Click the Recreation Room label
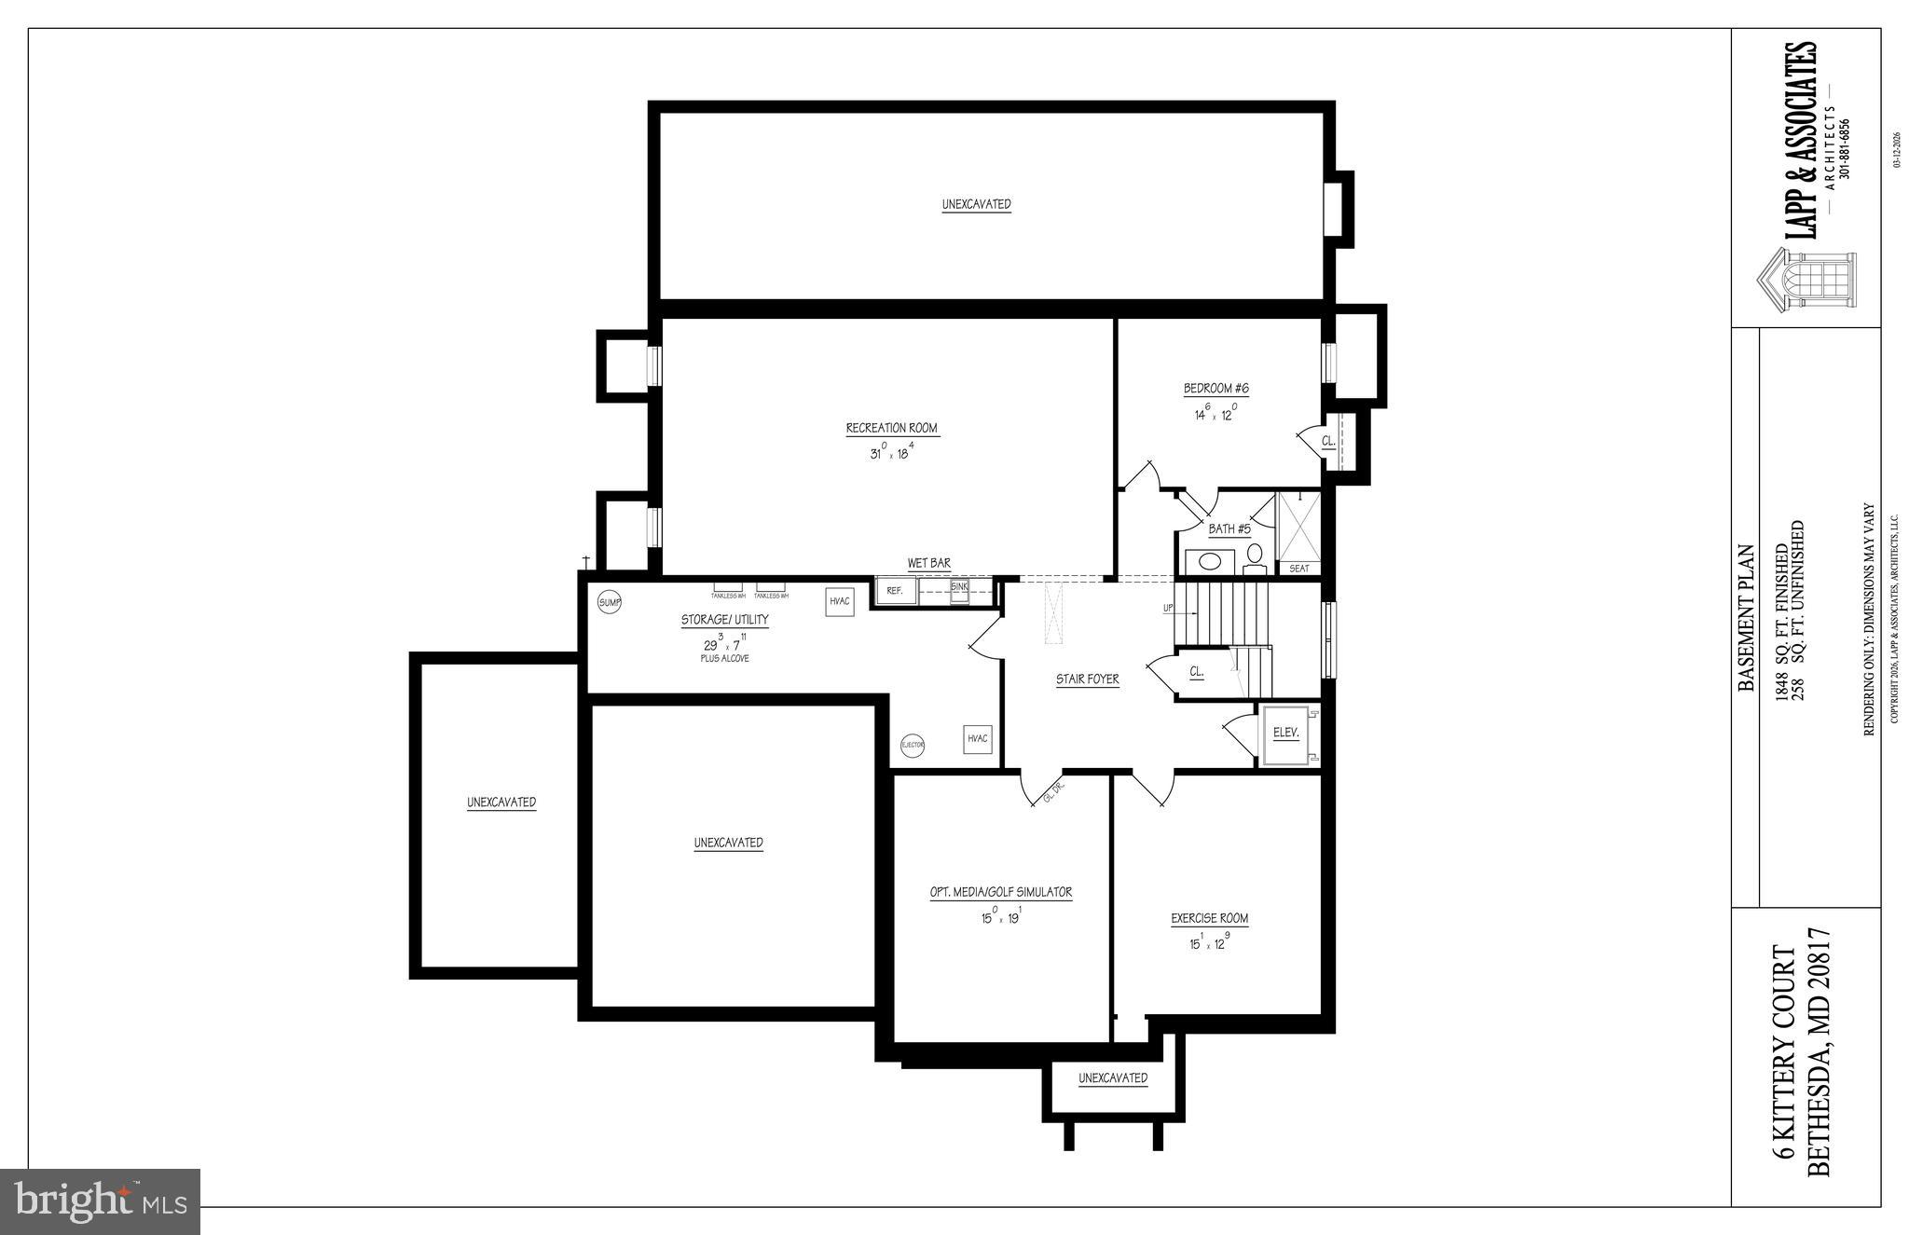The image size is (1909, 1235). (891, 429)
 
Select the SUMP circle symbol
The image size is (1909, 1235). (609, 603)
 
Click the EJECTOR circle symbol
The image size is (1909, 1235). (912, 746)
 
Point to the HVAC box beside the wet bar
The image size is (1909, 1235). (839, 602)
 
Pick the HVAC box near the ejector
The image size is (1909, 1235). (977, 739)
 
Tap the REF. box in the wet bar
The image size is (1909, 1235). (895, 591)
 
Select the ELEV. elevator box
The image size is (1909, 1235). (1286, 734)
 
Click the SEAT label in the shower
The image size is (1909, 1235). (1298, 569)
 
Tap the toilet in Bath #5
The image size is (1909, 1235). (1254, 556)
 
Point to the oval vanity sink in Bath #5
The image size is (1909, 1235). (1210, 562)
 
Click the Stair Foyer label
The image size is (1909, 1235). (1087, 679)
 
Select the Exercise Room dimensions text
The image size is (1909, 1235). (1209, 942)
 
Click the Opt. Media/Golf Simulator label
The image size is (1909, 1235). (1000, 892)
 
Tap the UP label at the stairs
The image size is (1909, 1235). (1168, 609)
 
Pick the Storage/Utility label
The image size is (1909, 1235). (724, 620)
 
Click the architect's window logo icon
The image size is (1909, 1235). (1806, 277)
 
